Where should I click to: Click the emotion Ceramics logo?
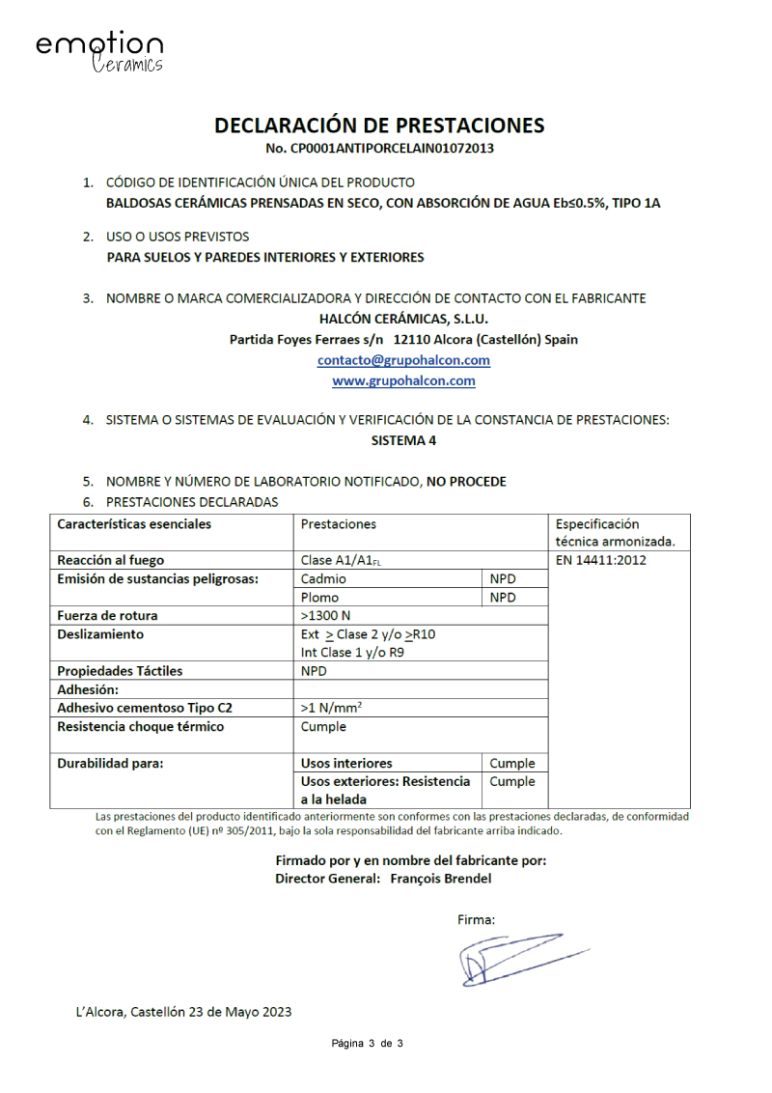99,52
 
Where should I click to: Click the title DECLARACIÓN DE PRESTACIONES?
379,126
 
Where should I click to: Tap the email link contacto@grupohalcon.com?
403,360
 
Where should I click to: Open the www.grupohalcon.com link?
403,381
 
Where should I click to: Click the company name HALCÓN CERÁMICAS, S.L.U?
403,318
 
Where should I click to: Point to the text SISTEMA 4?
399,440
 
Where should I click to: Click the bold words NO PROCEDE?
466,481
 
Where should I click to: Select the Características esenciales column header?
134,524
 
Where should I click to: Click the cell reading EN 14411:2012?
601,560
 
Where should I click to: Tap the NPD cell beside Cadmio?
503,579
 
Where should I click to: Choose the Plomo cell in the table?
320,598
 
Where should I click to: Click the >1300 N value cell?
326,616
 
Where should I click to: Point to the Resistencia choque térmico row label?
140,727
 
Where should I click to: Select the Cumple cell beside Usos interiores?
511,763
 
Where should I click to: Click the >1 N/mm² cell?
331,708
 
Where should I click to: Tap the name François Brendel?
447,879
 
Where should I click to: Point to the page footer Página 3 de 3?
367,1044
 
